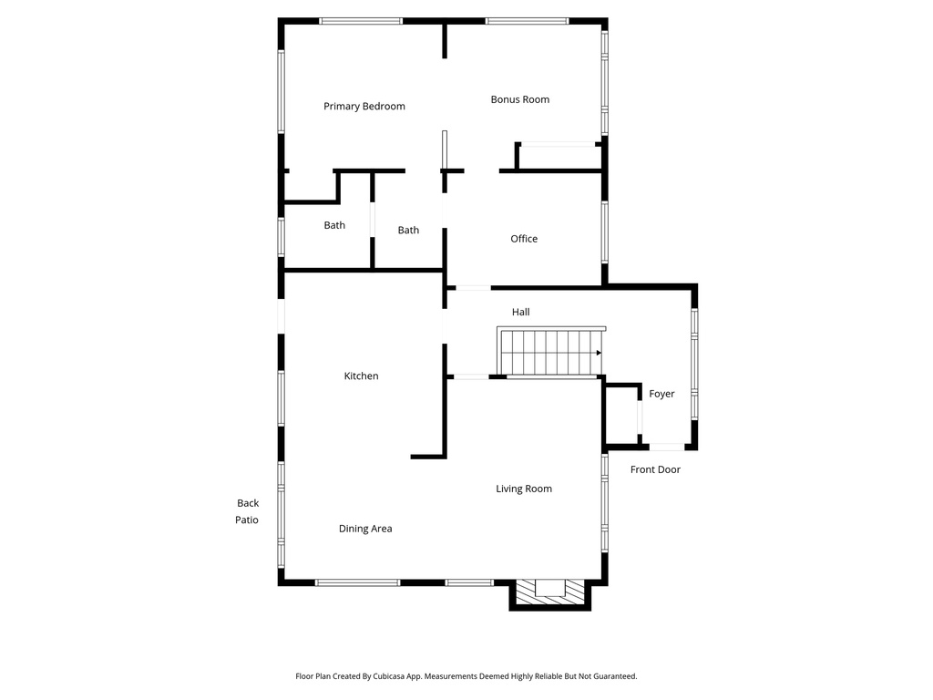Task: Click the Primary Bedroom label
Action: (x=364, y=107)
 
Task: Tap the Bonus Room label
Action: (x=519, y=99)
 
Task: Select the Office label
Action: (x=524, y=239)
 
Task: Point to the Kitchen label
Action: (x=361, y=376)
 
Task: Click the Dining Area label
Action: (x=365, y=529)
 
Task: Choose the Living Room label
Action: (x=524, y=489)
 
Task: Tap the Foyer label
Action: (x=661, y=394)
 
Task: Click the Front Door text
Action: (x=655, y=470)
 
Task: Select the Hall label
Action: (x=520, y=312)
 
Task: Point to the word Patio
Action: (x=247, y=520)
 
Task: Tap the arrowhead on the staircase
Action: (x=599, y=353)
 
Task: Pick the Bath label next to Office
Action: (x=408, y=231)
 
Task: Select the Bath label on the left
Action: (x=334, y=225)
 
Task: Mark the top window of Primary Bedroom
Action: (x=361, y=21)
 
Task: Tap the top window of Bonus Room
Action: (x=527, y=21)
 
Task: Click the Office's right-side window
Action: (x=604, y=232)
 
